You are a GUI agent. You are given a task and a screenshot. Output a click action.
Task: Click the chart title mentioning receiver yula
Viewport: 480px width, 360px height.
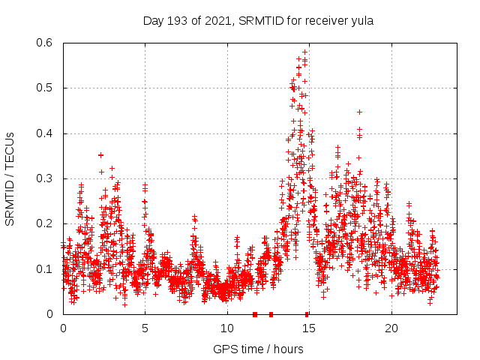click(x=258, y=21)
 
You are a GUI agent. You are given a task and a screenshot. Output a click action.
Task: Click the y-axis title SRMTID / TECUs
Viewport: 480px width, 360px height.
click(x=10, y=178)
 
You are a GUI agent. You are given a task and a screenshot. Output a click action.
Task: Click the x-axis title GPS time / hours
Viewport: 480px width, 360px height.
click(x=258, y=349)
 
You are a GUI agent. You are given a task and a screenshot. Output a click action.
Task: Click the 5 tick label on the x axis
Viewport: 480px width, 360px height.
click(x=145, y=328)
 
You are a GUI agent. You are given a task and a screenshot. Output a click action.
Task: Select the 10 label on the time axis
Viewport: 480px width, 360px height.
click(x=227, y=328)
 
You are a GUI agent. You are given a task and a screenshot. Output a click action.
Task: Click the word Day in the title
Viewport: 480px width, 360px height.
click(x=153, y=21)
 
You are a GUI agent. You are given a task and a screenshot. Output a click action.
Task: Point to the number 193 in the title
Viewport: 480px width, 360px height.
click(x=175, y=21)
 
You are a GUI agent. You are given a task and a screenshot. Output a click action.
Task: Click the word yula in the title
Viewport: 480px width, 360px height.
click(x=361, y=21)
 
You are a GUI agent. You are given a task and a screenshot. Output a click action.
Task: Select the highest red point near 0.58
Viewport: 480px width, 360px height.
click(x=304, y=52)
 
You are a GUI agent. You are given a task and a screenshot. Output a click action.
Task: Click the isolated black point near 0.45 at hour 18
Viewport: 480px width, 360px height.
click(x=359, y=112)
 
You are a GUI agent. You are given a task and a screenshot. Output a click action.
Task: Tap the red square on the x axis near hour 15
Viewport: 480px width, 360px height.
click(x=307, y=314)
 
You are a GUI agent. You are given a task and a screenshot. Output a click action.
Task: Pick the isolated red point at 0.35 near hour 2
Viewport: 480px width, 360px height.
click(x=100, y=155)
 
